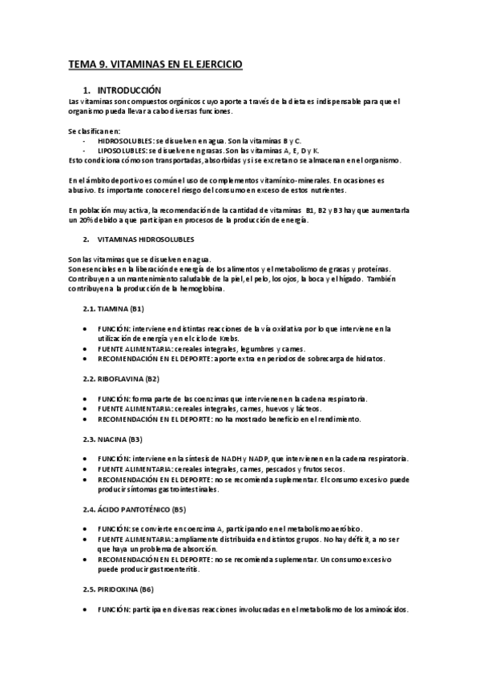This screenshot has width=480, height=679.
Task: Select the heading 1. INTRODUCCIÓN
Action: click(128, 90)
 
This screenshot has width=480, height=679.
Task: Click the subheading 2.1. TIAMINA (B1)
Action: click(113, 308)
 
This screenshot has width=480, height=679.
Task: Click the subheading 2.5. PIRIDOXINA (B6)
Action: click(119, 589)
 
